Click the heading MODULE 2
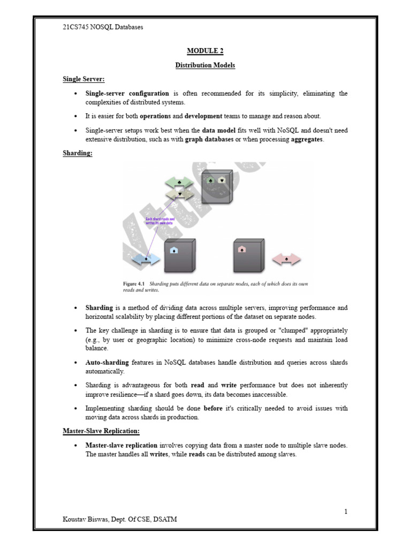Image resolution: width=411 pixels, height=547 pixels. (x=205, y=51)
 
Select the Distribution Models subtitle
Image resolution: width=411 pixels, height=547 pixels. (x=205, y=65)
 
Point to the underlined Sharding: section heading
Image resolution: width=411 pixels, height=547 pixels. (x=78, y=153)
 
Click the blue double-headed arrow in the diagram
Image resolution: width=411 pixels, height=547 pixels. (x=146, y=259)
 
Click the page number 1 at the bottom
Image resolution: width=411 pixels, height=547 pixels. (x=346, y=512)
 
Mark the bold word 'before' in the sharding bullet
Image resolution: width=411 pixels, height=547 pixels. (x=213, y=408)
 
